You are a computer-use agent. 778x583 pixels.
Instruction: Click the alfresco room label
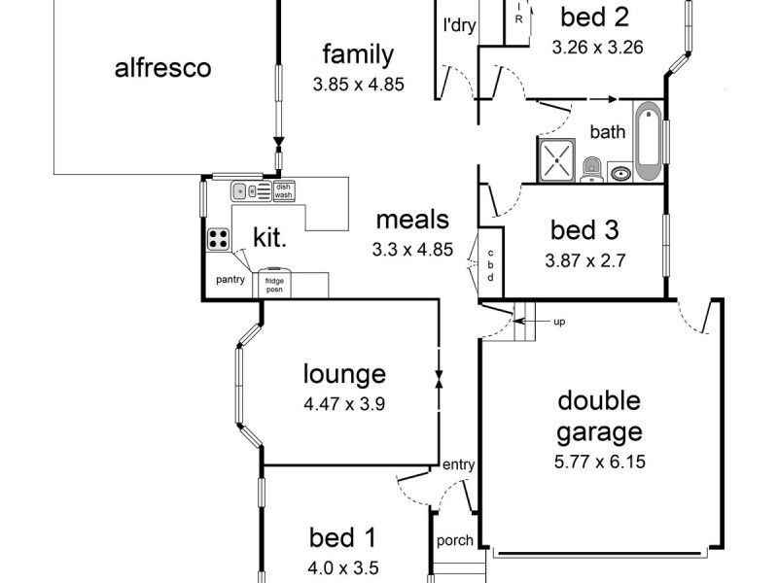tap(162, 68)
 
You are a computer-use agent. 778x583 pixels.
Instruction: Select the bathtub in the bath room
tap(648, 141)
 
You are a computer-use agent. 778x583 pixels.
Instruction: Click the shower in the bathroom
tap(557, 159)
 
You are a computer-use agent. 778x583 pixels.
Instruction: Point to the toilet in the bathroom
tap(590, 171)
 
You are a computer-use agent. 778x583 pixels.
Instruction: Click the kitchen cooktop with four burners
tap(219, 239)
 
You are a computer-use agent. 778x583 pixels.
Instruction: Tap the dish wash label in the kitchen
tap(283, 191)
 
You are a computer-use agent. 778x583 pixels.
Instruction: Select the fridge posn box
tap(273, 284)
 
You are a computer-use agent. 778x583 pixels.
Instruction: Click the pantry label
tap(230, 280)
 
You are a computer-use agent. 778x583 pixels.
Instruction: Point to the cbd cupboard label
tap(490, 259)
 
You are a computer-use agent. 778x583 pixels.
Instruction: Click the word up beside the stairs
tap(559, 322)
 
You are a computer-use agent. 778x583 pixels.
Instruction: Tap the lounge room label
tap(344, 374)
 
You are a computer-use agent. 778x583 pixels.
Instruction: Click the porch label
tap(454, 541)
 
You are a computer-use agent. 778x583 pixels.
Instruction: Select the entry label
tap(458, 465)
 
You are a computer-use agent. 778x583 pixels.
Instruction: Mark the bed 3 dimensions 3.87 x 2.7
tap(584, 260)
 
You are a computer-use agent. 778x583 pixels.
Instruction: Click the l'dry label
tap(458, 26)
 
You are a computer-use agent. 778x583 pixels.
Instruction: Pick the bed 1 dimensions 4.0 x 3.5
tap(343, 569)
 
